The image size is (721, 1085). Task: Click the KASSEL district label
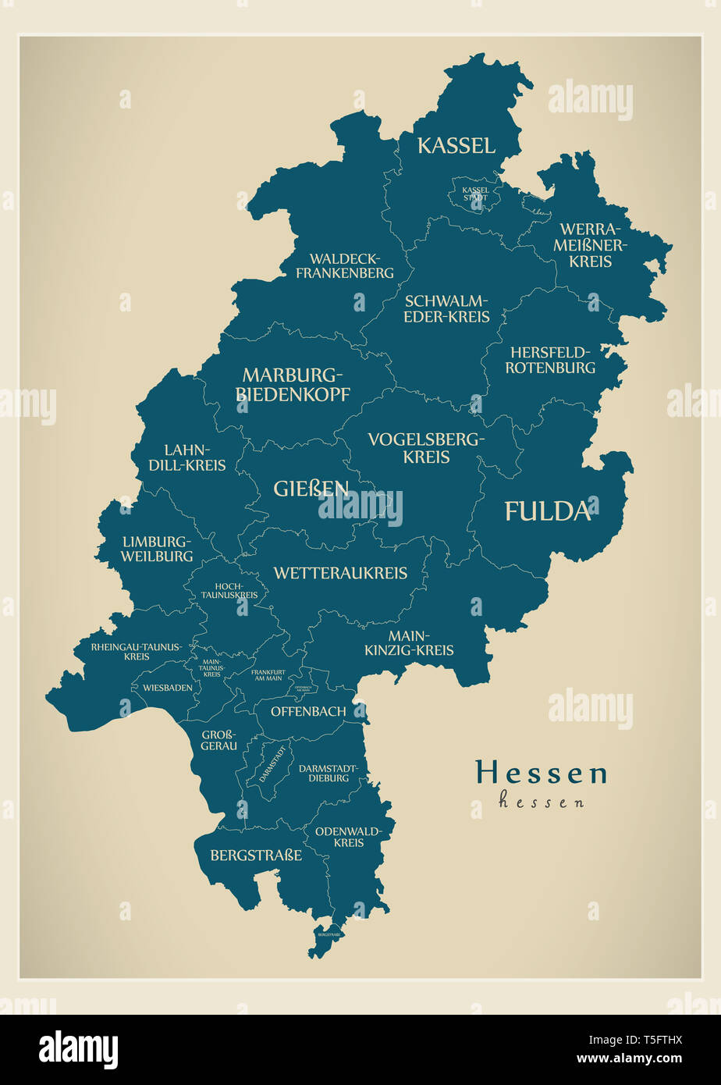(x=456, y=145)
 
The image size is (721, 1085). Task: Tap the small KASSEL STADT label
(x=475, y=194)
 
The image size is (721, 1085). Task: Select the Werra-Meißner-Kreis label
(x=590, y=245)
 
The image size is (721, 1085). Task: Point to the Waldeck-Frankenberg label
(x=344, y=265)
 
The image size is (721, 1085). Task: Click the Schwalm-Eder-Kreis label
(x=446, y=308)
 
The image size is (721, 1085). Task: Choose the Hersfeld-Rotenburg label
(x=550, y=360)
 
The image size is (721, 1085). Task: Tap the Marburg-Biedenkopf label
(x=293, y=384)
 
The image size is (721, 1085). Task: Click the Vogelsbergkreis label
(x=426, y=448)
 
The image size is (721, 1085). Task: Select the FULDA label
(x=546, y=511)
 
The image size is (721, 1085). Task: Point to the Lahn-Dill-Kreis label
(x=194, y=457)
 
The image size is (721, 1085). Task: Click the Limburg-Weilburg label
(x=157, y=549)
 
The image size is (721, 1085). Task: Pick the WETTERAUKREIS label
(x=340, y=573)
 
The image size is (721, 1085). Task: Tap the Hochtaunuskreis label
(x=229, y=590)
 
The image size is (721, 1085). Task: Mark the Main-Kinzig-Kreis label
(x=409, y=642)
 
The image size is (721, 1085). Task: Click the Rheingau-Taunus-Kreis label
(x=136, y=652)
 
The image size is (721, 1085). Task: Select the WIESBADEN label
(x=167, y=688)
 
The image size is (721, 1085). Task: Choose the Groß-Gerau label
(x=219, y=740)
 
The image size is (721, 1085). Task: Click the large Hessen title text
(x=542, y=773)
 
